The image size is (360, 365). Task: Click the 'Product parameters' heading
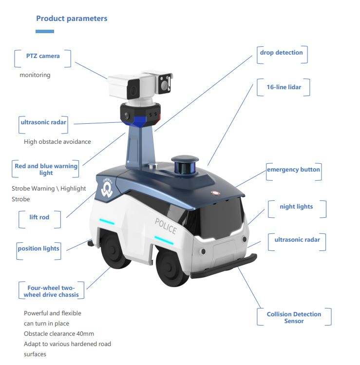[72, 19]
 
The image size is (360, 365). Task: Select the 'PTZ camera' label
[43, 56]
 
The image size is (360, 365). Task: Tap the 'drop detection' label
[281, 53]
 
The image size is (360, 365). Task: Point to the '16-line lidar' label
[284, 87]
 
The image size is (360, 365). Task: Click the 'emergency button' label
[293, 170]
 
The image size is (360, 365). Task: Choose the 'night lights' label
[296, 207]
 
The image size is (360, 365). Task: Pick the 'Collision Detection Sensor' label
[294, 317]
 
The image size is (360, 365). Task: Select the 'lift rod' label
[39, 217]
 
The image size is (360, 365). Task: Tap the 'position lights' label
[38, 249]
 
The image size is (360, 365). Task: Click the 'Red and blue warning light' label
[46, 169]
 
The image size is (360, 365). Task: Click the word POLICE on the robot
[166, 226]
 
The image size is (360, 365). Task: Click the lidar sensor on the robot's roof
[185, 166]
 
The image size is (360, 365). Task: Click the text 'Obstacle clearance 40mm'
[59, 333]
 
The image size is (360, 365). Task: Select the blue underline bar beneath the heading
[45, 32]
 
